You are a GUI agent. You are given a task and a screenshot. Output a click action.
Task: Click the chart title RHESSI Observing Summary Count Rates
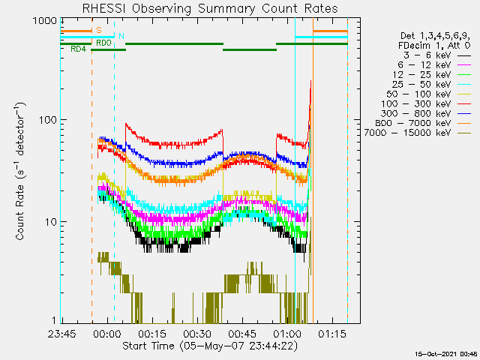pyautogui.click(x=210, y=8)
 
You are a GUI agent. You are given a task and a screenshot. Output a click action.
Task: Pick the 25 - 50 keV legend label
pyautogui.click(x=421, y=85)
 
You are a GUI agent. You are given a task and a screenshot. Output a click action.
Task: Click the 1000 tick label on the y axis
pyautogui.click(x=45, y=21)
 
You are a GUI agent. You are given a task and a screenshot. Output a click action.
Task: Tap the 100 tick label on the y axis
pyautogui.click(x=48, y=120)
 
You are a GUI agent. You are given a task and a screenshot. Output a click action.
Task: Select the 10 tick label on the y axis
pyautogui.click(x=51, y=222)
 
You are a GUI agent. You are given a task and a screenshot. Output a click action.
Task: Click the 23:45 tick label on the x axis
pyautogui.click(x=62, y=334)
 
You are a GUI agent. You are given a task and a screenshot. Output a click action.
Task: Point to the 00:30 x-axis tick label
pyautogui.click(x=197, y=334)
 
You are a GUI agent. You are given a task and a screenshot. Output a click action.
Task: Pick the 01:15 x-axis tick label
pyautogui.click(x=332, y=334)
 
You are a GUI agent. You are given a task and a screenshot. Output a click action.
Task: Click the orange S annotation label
pyautogui.click(x=99, y=30)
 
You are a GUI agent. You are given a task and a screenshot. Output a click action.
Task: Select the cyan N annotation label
pyautogui.click(x=121, y=36)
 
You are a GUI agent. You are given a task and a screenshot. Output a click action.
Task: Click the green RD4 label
pyautogui.click(x=79, y=49)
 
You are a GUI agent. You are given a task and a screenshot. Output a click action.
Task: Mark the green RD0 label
pyautogui.click(x=103, y=43)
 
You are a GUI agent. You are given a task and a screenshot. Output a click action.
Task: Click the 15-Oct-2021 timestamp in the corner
pyautogui.click(x=446, y=354)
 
